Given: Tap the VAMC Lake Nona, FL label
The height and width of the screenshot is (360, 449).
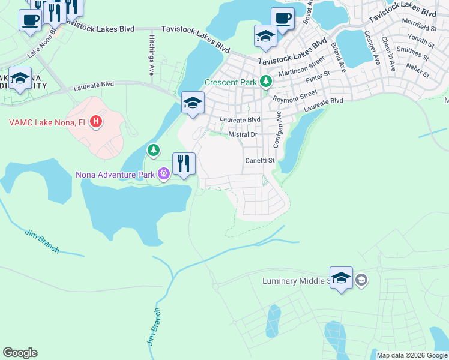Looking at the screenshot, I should pyautogui.click(x=48, y=122).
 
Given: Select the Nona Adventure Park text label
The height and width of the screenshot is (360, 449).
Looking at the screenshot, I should pyautogui.click(x=115, y=175).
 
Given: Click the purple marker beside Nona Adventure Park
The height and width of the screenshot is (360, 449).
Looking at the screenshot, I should pyautogui.click(x=164, y=174).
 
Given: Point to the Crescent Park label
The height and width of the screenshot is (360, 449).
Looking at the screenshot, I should pyautogui.click(x=231, y=82).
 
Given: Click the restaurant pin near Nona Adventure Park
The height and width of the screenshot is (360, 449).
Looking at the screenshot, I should pyautogui.click(x=184, y=164).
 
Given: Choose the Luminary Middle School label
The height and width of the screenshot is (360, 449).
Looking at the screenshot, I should pyautogui.click(x=297, y=281).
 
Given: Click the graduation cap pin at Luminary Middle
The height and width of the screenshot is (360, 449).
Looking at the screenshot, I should pyautogui.click(x=341, y=278).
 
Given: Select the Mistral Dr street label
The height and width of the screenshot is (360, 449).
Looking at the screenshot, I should pyautogui.click(x=243, y=134).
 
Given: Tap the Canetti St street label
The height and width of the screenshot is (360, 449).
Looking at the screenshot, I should pyautogui.click(x=259, y=161).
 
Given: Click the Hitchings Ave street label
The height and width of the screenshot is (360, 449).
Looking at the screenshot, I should pyautogui.click(x=151, y=55).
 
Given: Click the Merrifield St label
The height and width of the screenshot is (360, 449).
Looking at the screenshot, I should pyautogui.click(x=420, y=28).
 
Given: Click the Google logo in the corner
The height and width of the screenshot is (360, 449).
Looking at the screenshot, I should pyautogui.click(x=20, y=353).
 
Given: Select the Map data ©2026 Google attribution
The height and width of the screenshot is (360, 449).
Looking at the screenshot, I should pyautogui.click(x=412, y=355).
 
